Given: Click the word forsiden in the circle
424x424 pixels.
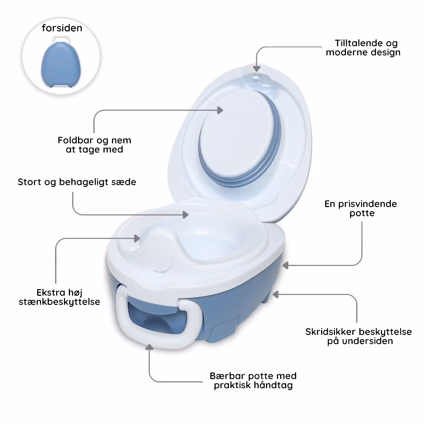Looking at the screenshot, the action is click(x=62, y=28).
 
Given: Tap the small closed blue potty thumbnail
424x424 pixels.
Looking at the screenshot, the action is click(x=61, y=62).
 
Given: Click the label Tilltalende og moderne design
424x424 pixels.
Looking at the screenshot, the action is click(x=363, y=48).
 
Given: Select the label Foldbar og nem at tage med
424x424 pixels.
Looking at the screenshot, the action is click(x=94, y=145).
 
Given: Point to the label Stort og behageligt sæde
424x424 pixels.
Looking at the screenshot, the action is click(x=77, y=182).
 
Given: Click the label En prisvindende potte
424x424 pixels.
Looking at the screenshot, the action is click(x=361, y=208).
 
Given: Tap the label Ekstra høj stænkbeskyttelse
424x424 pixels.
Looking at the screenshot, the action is click(x=59, y=297).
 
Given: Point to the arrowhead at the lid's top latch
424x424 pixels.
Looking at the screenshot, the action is click(x=257, y=67).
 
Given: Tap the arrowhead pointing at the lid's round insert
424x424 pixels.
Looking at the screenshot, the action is click(x=220, y=110).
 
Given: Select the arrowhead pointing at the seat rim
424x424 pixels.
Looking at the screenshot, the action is click(x=186, y=215).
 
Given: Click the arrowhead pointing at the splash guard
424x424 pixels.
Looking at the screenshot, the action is click(x=137, y=238).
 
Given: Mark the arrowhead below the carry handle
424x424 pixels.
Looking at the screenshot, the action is click(x=149, y=347).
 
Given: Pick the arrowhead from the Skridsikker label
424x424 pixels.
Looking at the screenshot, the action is click(x=276, y=294).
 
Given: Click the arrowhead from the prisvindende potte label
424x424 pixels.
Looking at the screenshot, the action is click(x=285, y=265).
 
